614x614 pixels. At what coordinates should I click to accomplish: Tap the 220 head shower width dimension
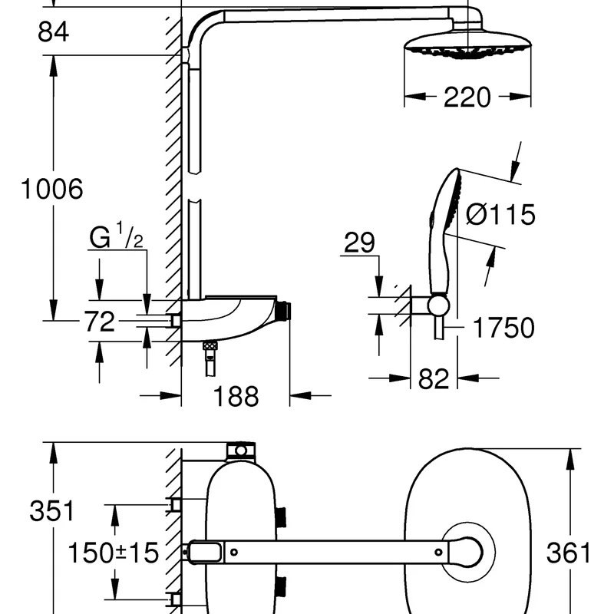point(467,97)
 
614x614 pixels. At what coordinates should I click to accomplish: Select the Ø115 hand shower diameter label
point(500,215)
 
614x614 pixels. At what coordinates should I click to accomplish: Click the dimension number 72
point(99,321)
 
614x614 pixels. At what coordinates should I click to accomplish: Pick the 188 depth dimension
point(235,396)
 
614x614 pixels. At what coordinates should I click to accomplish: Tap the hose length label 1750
point(503,328)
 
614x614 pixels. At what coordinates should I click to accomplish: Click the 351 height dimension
point(52,510)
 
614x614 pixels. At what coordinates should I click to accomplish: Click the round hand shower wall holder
point(437,305)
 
